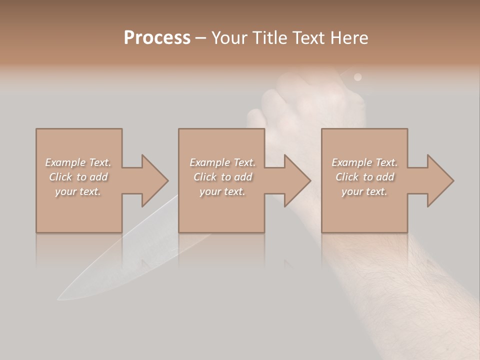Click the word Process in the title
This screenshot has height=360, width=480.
click(x=157, y=37)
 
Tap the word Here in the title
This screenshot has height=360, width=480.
click(x=350, y=37)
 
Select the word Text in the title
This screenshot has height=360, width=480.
click(x=308, y=37)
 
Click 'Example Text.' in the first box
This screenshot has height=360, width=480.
click(x=78, y=162)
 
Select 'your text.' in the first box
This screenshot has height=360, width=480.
click(x=78, y=191)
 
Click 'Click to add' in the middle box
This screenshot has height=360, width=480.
click(x=222, y=177)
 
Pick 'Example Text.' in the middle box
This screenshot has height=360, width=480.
click(x=222, y=162)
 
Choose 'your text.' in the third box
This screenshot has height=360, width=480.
click(x=364, y=191)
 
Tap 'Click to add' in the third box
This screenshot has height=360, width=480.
click(x=364, y=177)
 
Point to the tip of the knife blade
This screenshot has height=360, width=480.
click(x=59, y=299)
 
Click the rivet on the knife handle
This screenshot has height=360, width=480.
click(x=357, y=77)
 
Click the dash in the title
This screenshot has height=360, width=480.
click(x=201, y=38)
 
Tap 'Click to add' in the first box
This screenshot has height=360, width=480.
click(x=78, y=177)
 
